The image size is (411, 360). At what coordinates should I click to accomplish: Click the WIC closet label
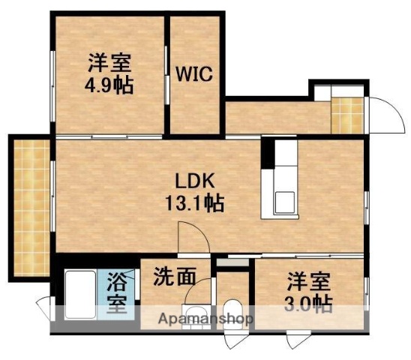pyautogui.click(x=196, y=74)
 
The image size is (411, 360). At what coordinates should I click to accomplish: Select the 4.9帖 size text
pyautogui.click(x=109, y=85)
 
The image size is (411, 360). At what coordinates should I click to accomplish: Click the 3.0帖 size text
pyautogui.click(x=309, y=303)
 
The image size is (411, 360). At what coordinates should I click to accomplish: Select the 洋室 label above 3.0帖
pyautogui.click(x=308, y=282)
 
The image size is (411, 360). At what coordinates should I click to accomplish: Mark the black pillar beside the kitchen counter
pyautogui.click(x=266, y=154)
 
